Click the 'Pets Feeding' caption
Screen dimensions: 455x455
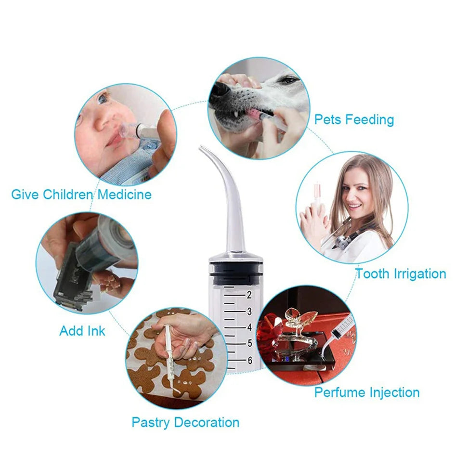coord(354,119)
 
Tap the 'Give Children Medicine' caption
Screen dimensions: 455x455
coord(81,195)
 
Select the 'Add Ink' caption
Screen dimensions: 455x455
coord(82,331)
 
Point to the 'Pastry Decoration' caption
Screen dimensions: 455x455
coord(185,423)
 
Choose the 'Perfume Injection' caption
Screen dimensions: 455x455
coord(367,392)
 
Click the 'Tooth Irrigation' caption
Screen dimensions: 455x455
coord(401,274)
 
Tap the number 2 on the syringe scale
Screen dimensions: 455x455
coord(249,295)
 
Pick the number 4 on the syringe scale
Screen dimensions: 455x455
coord(249,327)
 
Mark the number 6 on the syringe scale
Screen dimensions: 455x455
coord(249,360)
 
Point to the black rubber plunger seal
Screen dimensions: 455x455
coord(236,270)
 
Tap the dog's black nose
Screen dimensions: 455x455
coord(220,90)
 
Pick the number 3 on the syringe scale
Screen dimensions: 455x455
coord(249,311)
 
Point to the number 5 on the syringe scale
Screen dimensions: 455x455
coord(249,343)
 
